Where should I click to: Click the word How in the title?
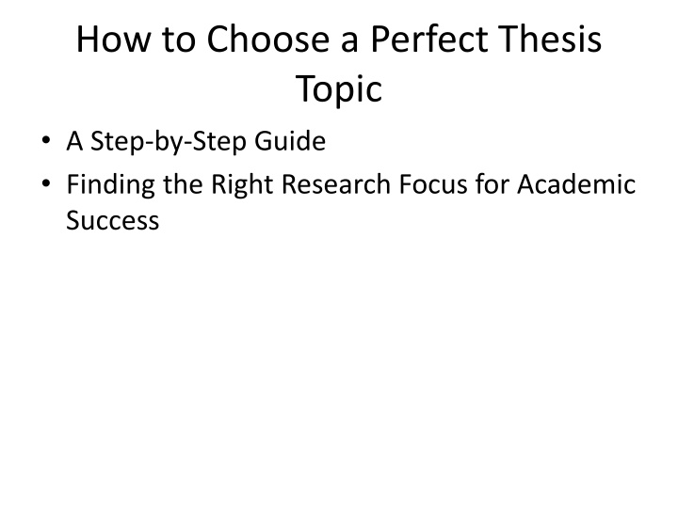(114, 39)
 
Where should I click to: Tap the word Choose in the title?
(268, 39)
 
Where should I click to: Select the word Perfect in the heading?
(429, 39)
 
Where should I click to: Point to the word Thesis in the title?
(550, 39)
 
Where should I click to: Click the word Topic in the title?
(339, 90)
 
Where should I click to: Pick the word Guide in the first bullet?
(290, 141)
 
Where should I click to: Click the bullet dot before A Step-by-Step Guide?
(46, 140)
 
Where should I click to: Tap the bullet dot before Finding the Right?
(46, 183)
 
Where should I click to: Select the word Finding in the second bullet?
(111, 185)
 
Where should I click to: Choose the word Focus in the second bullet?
(433, 184)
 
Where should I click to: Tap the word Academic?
(576, 184)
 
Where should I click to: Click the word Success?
(113, 220)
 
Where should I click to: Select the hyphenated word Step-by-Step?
(169, 142)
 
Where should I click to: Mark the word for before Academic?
(492, 184)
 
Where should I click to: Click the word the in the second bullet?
(183, 184)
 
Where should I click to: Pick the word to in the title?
(179, 40)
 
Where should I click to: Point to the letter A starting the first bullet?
(74, 141)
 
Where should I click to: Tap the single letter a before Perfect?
(349, 42)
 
